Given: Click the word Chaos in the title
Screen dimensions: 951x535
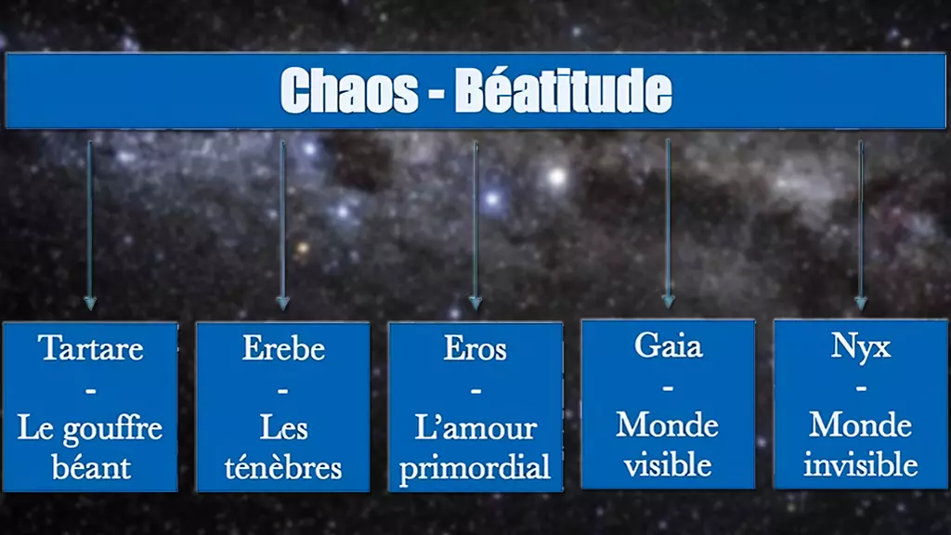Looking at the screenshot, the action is (349, 90).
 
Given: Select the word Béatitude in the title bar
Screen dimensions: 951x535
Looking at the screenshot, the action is (564, 90).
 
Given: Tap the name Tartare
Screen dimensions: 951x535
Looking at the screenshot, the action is (91, 348).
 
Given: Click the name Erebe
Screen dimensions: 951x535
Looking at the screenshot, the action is (283, 348).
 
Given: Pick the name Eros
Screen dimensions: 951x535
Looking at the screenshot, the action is (475, 348).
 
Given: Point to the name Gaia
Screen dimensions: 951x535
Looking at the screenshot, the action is (669, 346).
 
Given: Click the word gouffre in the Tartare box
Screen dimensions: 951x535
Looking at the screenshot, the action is (112, 430).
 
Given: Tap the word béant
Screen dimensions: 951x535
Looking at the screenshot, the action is (91, 467).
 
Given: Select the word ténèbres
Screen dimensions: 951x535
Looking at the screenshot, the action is (283, 468).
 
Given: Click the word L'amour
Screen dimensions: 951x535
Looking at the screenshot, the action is (475, 428).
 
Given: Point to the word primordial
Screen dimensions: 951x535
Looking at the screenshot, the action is (475, 468).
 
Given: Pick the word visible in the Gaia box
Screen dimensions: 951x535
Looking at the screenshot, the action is (668, 465).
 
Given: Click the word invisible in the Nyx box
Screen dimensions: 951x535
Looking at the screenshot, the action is (861, 464).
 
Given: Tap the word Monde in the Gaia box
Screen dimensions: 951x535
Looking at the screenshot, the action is (668, 425).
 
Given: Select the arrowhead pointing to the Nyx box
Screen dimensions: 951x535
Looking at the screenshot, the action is (861, 302).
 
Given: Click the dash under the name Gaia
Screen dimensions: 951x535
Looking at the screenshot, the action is (668, 387).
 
